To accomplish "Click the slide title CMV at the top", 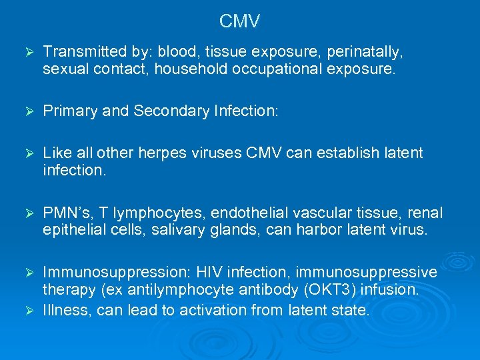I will (x=239, y=22).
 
